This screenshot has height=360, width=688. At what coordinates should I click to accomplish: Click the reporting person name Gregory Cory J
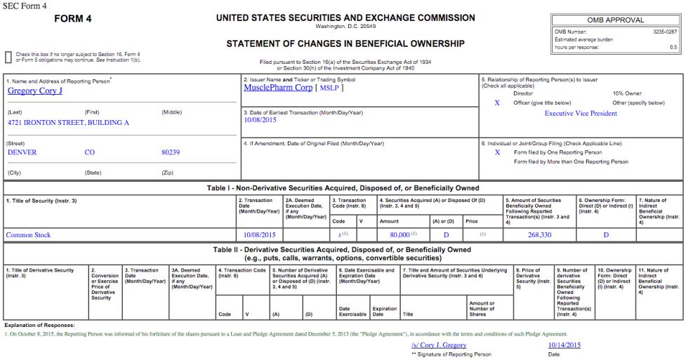click(35, 91)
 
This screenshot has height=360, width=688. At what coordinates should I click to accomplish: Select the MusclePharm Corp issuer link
click(278, 88)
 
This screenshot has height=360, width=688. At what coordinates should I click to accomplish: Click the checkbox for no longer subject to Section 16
click(8, 56)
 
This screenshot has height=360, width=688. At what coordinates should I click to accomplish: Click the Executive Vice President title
click(581, 113)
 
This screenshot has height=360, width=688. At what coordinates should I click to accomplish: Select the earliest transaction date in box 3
click(260, 120)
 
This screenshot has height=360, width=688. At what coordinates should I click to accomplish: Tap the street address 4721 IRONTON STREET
click(68, 123)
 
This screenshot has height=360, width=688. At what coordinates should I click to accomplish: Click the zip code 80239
click(171, 152)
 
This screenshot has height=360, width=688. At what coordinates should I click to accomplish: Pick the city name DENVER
click(22, 152)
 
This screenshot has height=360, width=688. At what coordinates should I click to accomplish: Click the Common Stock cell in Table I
click(28, 235)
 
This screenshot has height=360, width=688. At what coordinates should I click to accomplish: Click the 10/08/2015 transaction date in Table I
click(260, 235)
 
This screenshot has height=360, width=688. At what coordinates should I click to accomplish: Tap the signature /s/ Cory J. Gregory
click(439, 345)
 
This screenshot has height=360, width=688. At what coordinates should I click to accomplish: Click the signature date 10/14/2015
click(564, 345)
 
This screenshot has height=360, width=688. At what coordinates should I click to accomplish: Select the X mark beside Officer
click(497, 103)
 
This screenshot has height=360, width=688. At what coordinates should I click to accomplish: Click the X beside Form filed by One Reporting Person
click(497, 152)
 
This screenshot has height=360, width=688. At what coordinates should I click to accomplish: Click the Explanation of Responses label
click(39, 326)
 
